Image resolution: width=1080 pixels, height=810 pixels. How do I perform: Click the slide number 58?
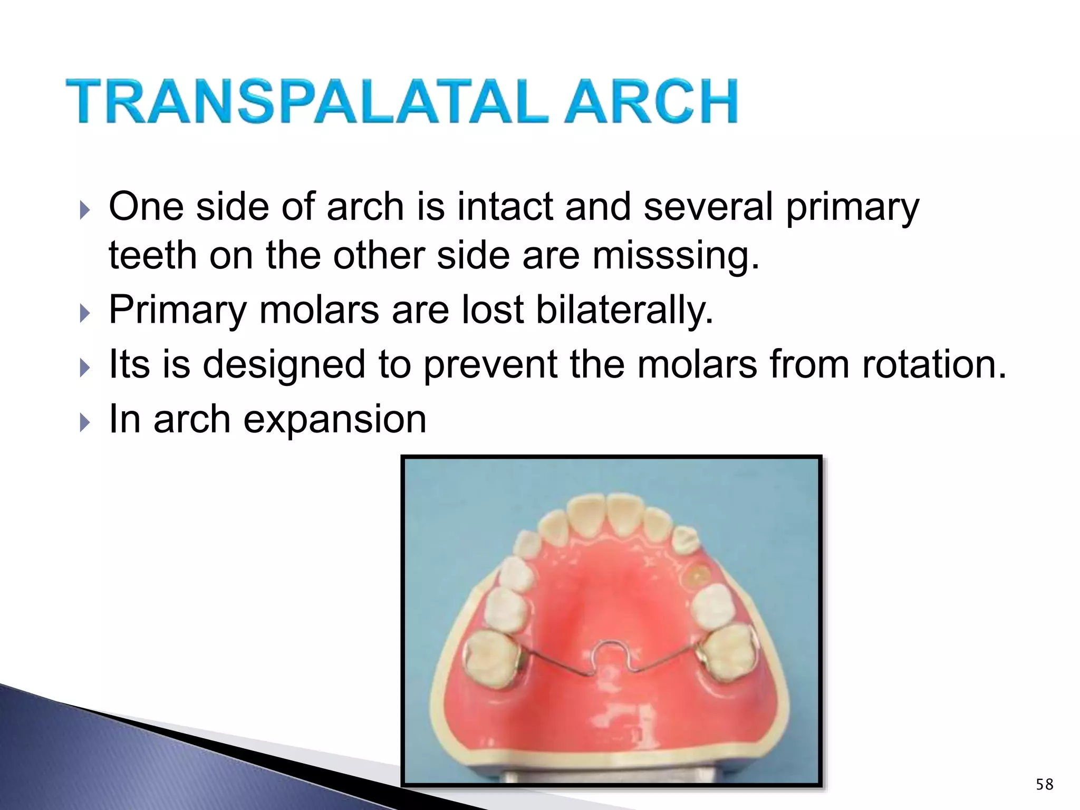click(1044, 785)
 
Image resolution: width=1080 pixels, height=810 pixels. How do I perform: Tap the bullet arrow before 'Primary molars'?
click(84, 314)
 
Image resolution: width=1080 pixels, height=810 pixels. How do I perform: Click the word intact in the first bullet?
click(507, 206)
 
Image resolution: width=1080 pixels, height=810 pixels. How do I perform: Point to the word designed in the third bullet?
click(284, 365)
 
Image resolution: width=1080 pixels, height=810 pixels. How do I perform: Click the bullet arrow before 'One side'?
click(84, 211)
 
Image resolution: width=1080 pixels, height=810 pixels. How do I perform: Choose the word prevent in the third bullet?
click(490, 365)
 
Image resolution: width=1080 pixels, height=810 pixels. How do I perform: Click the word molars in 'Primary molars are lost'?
click(319, 310)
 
